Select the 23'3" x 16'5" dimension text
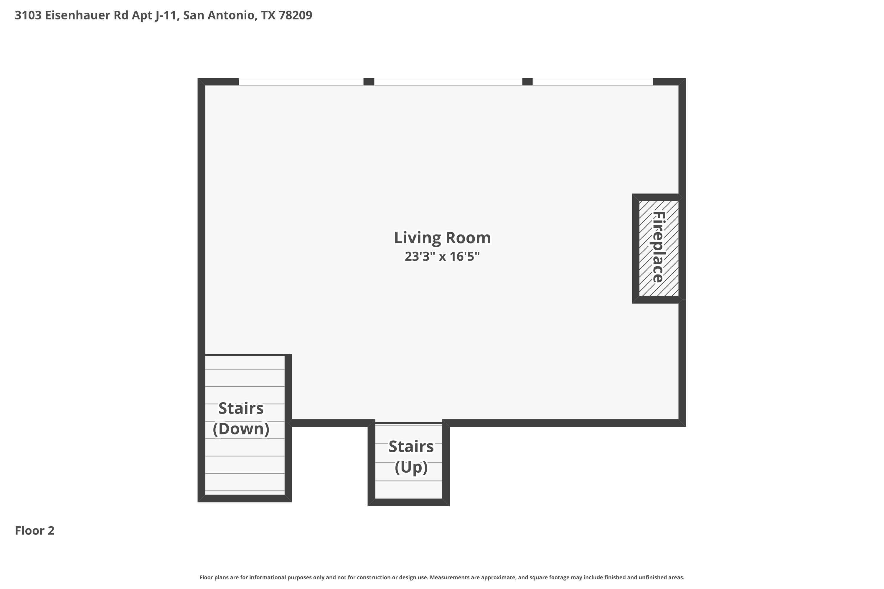pyautogui.click(x=442, y=257)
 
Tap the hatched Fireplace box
pyautogui.click(x=659, y=248)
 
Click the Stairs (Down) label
pyautogui.click(x=241, y=418)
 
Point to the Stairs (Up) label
pyautogui.click(x=411, y=457)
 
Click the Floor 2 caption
pyautogui.click(x=34, y=531)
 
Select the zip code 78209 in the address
pyautogui.click(x=296, y=15)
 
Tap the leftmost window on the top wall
pyautogui.click(x=301, y=82)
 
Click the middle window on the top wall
pyautogui.click(x=448, y=82)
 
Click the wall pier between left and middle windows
pyautogui.click(x=369, y=82)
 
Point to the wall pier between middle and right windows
pyautogui.click(x=528, y=82)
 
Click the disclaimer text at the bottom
pyautogui.click(x=442, y=577)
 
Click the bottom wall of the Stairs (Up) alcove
pyautogui.click(x=408, y=502)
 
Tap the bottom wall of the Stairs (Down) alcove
pyautogui.click(x=245, y=499)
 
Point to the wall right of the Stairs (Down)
pyautogui.click(x=288, y=428)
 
